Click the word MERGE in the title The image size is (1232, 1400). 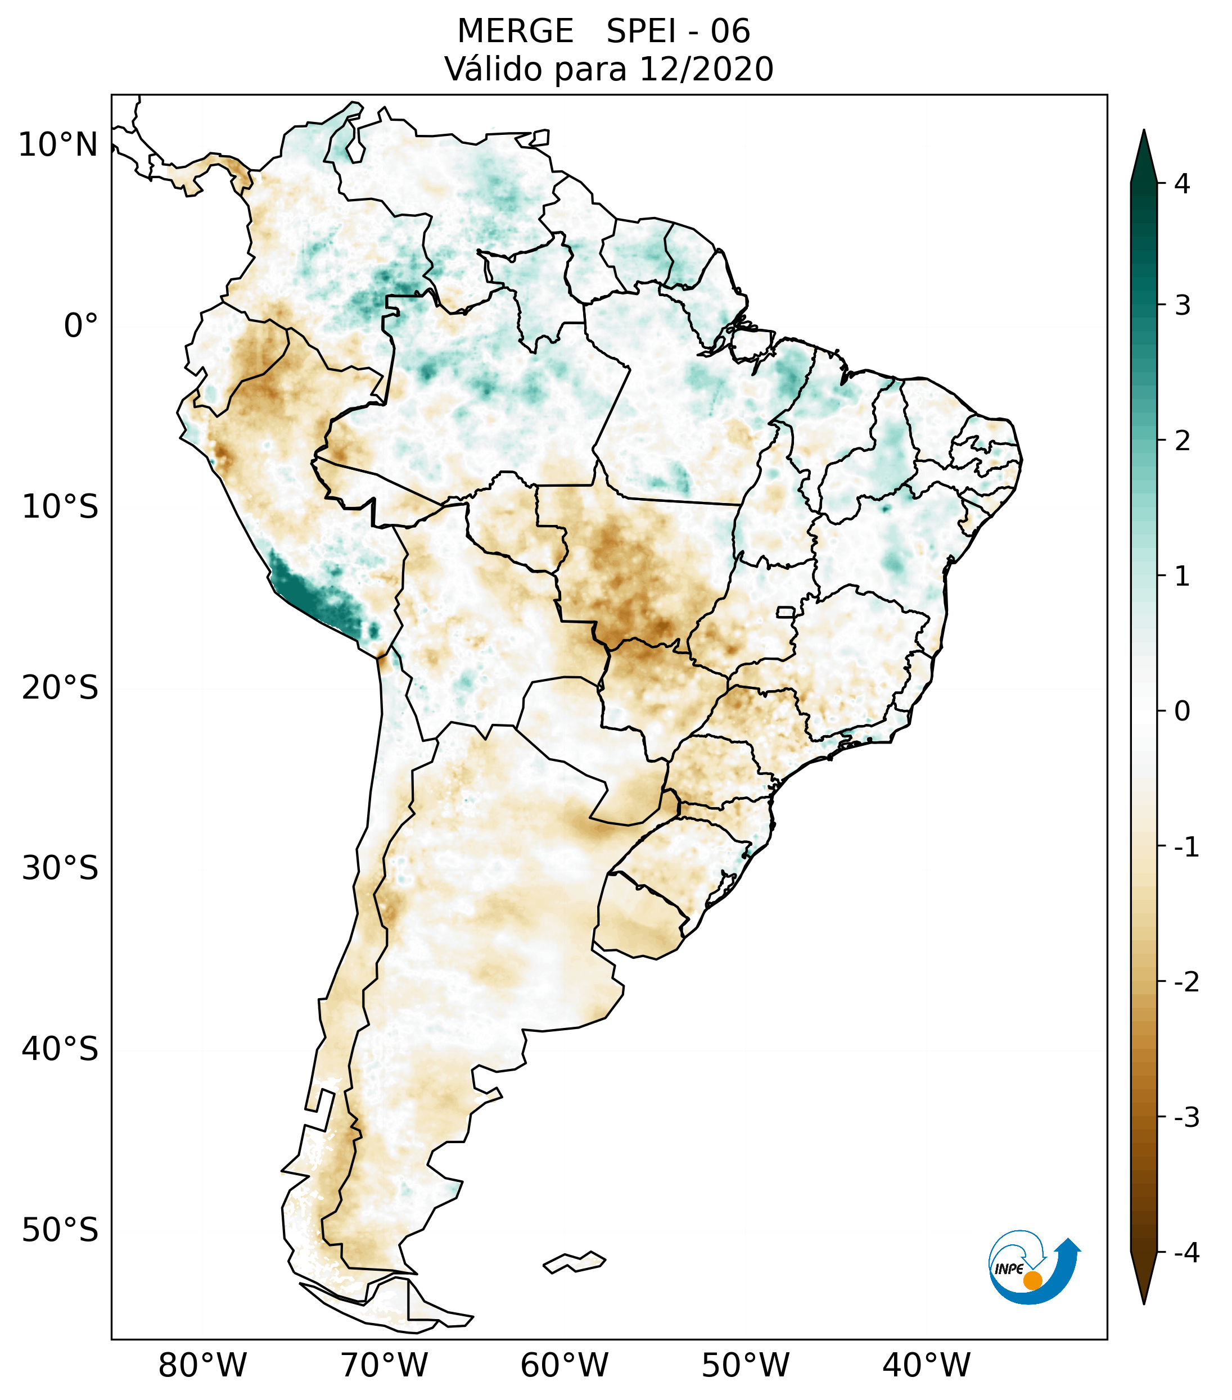(515, 31)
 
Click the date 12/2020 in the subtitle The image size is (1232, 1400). (706, 69)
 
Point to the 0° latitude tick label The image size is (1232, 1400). (81, 326)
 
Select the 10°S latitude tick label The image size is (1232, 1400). (60, 508)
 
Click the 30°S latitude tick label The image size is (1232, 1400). (60, 868)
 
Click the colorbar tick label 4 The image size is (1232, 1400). (1182, 184)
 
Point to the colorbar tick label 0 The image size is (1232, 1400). (1182, 712)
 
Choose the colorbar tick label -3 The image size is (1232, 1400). (1186, 1117)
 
